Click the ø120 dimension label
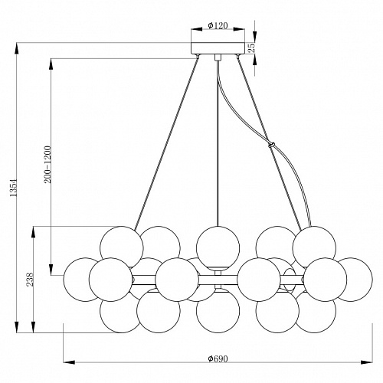[218, 25]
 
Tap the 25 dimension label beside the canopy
[251, 47]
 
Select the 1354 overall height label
[13, 188]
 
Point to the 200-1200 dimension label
[47, 165]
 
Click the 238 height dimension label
[30, 280]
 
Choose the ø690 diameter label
[218, 358]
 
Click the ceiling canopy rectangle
[218, 48]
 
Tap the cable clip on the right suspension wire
[271, 146]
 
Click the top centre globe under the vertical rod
[218, 247]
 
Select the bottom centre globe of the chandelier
[218, 311]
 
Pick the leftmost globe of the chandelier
[82, 280]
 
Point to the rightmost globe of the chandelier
[354, 280]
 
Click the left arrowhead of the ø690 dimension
[69, 362]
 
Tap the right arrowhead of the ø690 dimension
[367, 362]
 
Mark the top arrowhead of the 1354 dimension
[17, 48]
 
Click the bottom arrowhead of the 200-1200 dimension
[51, 270]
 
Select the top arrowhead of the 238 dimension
[33, 232]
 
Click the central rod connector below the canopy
[218, 57]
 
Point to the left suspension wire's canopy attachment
[198, 57]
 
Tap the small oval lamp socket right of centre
[289, 280]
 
